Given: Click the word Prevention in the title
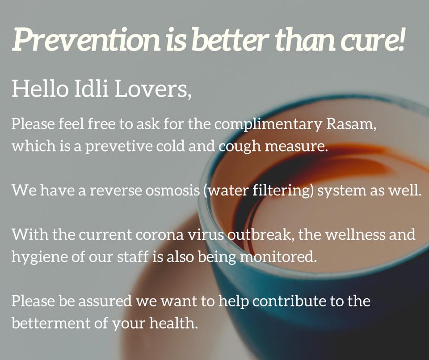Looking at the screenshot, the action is pos(86,39).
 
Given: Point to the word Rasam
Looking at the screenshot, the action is pos(350,124).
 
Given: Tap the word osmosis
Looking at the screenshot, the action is pos(172,190).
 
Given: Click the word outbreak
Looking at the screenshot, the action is pos(260,234).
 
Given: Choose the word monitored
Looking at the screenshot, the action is pos(277,257).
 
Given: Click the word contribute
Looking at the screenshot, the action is pos(290,301).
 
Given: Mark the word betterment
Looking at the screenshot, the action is pos(51,322).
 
